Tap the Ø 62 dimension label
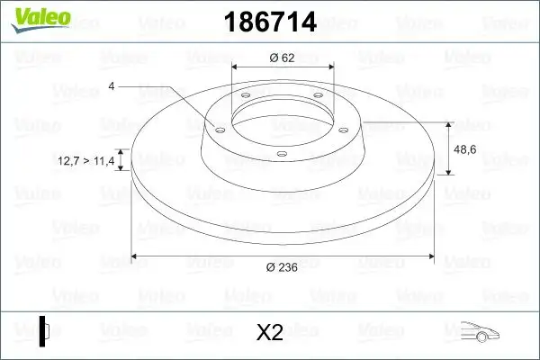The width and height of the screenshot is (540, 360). pos(283,58)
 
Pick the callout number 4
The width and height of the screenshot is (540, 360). pos(111,85)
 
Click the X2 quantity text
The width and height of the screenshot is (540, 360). pos(270,332)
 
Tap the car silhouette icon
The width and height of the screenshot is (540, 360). pos(484,332)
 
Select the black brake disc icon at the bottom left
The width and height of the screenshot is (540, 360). pos(45,330)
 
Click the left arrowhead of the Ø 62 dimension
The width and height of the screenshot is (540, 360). pos(236,68)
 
